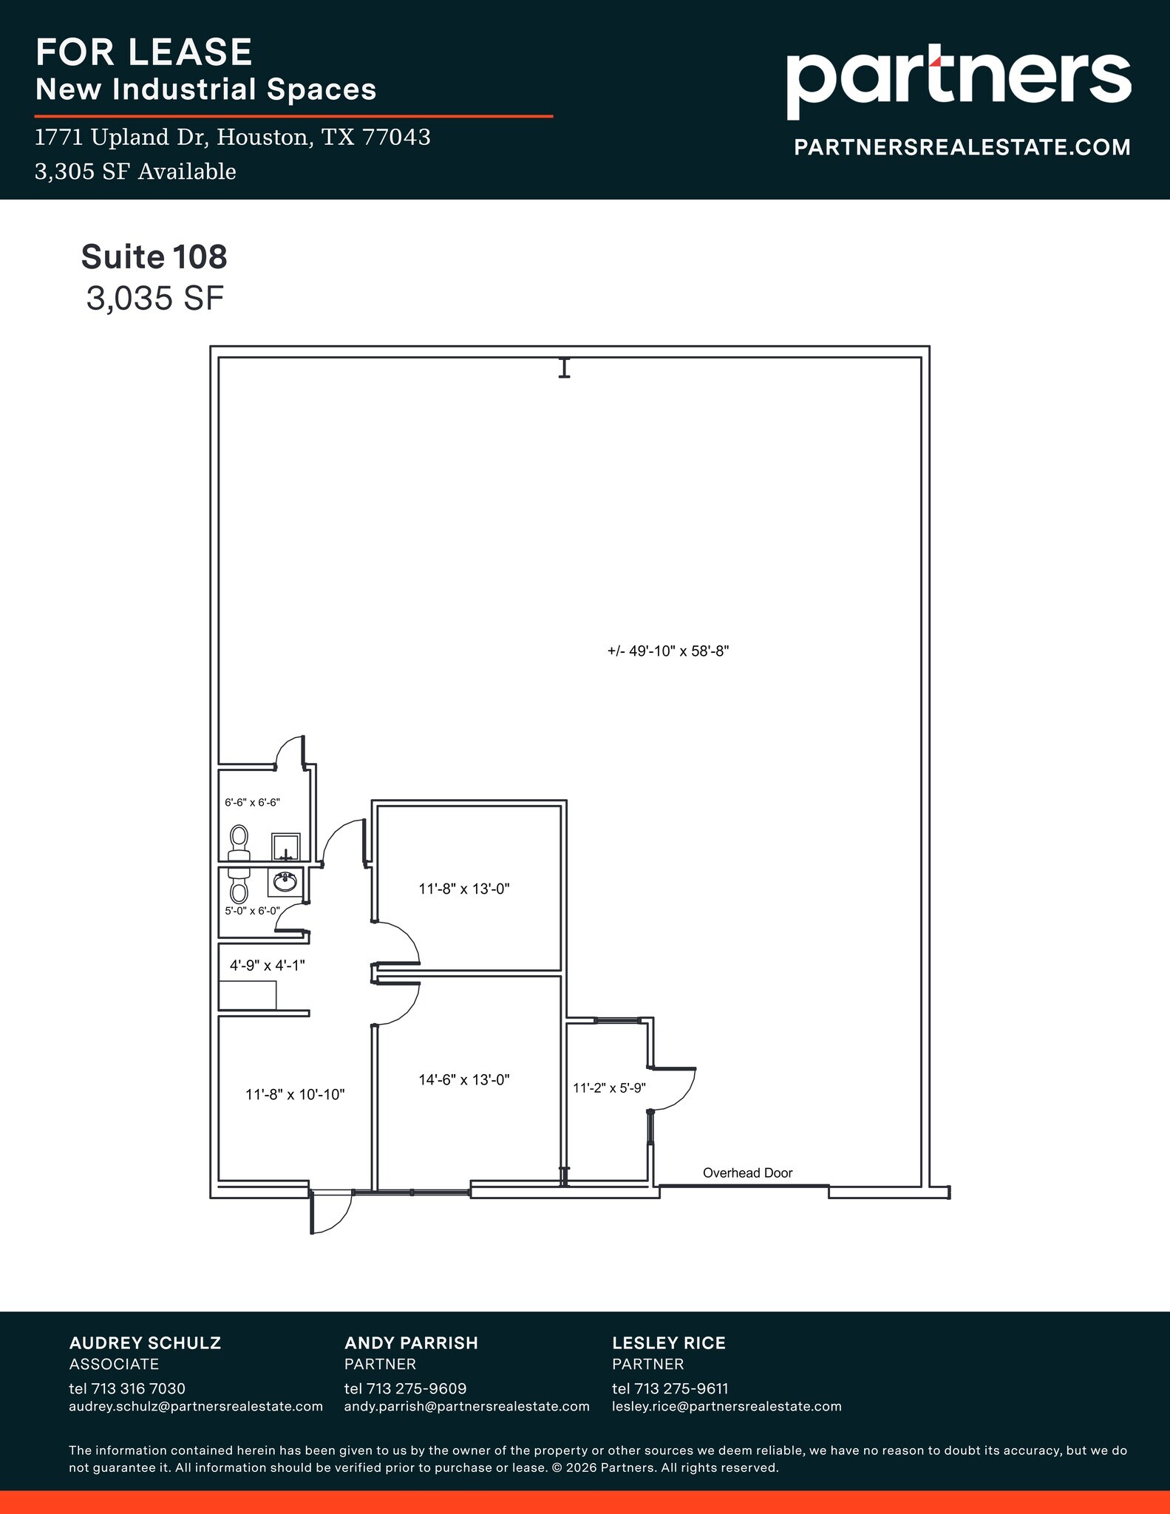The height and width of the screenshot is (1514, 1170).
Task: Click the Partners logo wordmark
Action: pos(958,80)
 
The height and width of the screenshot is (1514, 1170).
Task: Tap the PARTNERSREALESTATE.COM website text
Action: pos(962,147)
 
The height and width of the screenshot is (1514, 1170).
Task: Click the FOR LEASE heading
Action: pos(144,52)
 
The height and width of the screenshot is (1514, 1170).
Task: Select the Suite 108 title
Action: pos(154,257)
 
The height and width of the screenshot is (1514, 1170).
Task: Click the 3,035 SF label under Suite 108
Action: pos(154,298)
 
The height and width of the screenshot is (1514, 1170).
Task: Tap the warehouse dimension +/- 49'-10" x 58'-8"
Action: pos(668,651)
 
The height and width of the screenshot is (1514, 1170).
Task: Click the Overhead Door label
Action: pos(747,1172)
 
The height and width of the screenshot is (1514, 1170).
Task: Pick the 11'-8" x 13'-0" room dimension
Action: pos(464,889)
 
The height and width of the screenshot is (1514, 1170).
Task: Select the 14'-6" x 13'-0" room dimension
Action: pos(464,1079)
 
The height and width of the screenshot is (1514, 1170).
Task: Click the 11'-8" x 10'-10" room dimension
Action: pos(295,1094)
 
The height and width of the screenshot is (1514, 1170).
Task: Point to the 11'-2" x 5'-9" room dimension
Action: pos(609,1087)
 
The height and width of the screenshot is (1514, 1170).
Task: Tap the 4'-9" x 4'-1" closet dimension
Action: pos(267,965)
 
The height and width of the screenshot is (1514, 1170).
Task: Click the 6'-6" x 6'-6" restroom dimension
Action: pos(252,802)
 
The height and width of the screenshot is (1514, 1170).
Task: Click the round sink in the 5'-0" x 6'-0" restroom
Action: pos(285,881)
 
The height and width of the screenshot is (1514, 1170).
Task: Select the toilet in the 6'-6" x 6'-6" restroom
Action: pos(238,843)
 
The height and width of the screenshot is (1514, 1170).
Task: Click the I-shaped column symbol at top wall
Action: pos(565,367)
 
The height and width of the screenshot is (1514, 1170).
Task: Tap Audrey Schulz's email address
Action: pos(196,1406)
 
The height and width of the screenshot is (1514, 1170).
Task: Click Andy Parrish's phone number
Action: pos(405,1388)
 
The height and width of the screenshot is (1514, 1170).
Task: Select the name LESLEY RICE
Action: pos(668,1342)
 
